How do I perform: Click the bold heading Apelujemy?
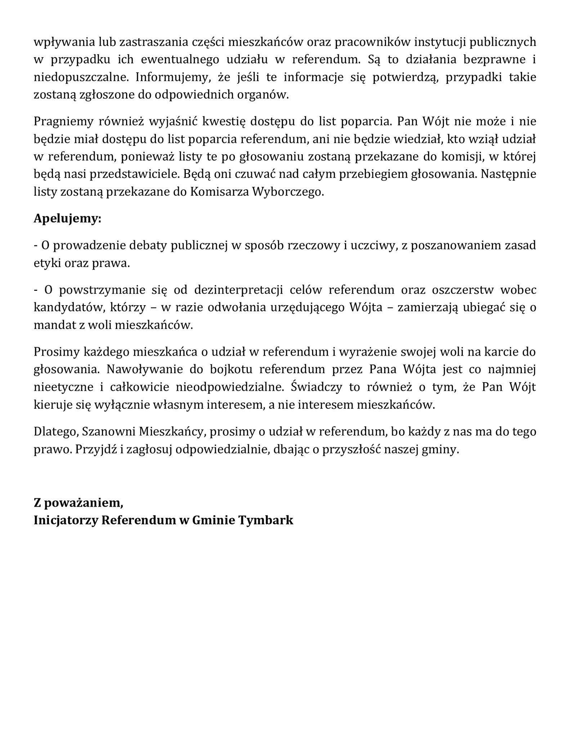click(67, 218)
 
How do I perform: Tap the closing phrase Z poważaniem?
click(78, 502)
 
